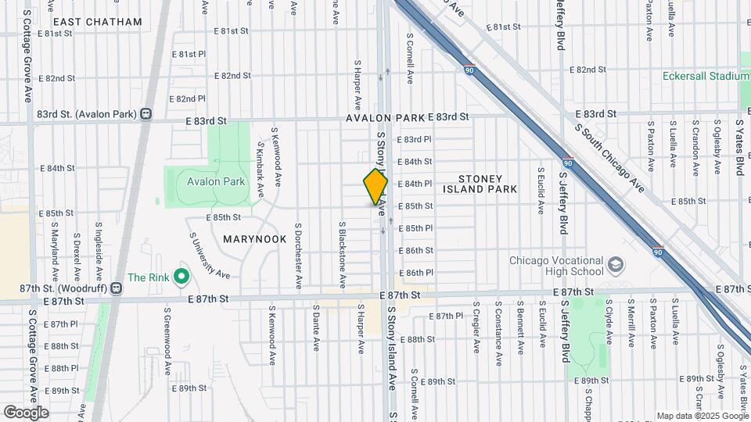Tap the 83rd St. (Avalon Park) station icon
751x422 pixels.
click(x=146, y=114)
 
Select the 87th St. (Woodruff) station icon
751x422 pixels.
click(x=116, y=288)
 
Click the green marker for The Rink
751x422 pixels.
click(x=181, y=276)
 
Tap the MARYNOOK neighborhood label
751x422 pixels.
click(x=255, y=239)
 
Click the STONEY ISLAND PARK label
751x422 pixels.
click(x=480, y=184)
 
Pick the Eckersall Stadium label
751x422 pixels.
click(x=706, y=77)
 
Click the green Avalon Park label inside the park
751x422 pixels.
click(x=216, y=181)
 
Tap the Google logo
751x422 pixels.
click(x=26, y=412)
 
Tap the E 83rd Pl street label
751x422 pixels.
click(x=415, y=139)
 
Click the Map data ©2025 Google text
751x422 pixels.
click(x=701, y=415)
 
